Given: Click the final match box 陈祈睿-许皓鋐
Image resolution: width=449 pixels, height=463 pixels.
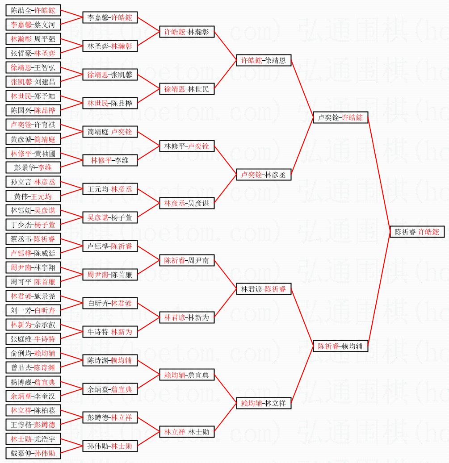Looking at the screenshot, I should tap(417, 232).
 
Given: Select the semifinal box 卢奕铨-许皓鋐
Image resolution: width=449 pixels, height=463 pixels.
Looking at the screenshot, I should tap(340, 117).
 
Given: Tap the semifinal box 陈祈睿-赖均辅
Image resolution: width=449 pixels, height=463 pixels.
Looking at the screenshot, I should tap(340, 346).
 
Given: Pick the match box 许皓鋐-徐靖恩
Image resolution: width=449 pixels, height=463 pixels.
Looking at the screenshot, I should tap(264, 60).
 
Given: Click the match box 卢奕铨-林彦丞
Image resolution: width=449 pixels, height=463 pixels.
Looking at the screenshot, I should tap(264, 175).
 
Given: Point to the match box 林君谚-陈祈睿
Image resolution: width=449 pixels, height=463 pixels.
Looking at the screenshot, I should tap(264, 289).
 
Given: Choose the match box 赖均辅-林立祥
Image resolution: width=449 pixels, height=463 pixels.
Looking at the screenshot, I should tap(264, 403).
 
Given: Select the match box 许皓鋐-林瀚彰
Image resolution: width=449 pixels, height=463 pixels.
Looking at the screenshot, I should tap(187, 32).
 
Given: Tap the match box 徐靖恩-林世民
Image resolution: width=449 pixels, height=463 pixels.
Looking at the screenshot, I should tap(187, 89).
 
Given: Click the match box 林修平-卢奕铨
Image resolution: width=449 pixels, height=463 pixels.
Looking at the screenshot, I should tap(187, 146).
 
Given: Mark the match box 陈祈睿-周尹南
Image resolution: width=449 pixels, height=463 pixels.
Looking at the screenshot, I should tap(187, 260).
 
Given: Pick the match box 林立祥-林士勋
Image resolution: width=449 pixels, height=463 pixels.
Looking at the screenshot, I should tap(187, 432).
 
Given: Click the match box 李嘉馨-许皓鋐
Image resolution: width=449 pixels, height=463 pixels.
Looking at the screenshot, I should tap(110, 17).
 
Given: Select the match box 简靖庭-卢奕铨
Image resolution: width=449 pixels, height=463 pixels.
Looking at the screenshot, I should tap(110, 132).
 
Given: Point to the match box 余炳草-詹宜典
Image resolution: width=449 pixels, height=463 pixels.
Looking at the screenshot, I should tap(110, 389).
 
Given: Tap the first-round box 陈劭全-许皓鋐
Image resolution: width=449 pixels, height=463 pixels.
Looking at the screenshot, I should tap(34, 10).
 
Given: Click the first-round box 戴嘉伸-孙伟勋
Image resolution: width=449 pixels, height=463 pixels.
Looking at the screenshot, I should tap(34, 453).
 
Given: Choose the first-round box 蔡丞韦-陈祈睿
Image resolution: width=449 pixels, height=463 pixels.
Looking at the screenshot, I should tap(34, 239).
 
